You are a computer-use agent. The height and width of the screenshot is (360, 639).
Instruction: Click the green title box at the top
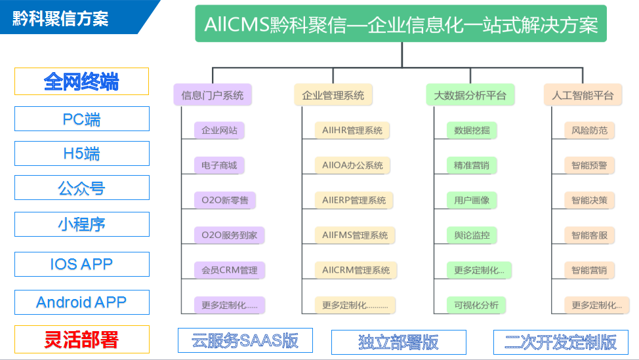click(401, 25)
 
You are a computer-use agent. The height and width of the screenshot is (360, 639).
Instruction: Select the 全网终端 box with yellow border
click(81, 81)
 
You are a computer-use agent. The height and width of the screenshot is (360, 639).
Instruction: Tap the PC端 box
click(81, 119)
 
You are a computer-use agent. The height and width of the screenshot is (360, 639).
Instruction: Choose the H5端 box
click(81, 153)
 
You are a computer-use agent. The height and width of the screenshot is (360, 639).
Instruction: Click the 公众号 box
click(81, 188)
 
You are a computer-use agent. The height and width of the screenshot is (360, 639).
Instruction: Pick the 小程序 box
click(81, 224)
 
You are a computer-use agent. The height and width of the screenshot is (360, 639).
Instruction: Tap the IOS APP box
click(81, 264)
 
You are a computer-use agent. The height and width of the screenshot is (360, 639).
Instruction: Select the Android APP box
click(81, 302)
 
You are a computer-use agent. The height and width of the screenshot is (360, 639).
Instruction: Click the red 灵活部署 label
click(81, 340)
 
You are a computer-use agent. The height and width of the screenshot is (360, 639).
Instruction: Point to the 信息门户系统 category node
click(212, 95)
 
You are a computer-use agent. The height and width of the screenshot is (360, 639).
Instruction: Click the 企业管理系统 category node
click(333, 95)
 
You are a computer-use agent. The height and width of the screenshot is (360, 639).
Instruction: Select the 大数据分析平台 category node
click(469, 95)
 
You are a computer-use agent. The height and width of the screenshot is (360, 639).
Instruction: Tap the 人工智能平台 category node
click(582, 95)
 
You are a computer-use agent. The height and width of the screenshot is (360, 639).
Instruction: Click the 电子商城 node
click(219, 165)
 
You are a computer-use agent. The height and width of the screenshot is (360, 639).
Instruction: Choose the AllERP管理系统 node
click(354, 200)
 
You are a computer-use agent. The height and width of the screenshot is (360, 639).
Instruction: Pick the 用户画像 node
click(472, 200)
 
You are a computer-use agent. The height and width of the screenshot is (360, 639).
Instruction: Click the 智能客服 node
click(589, 235)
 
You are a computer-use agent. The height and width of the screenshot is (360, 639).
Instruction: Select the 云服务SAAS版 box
click(245, 340)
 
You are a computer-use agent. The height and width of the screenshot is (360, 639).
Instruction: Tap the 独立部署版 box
click(398, 342)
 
